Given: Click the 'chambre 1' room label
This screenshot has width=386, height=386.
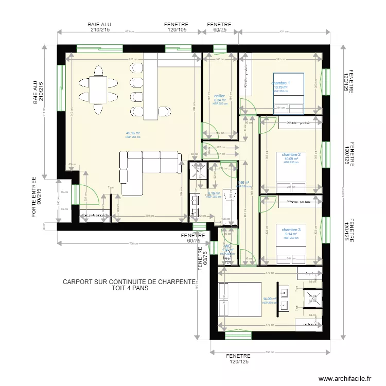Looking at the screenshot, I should pyautogui.click(x=281, y=83).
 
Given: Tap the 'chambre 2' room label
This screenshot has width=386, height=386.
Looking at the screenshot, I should pyautogui.click(x=291, y=154).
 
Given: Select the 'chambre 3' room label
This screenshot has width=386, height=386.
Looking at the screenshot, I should pyautogui.click(x=291, y=230).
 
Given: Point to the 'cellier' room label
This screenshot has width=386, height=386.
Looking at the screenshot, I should pyautogui.click(x=220, y=96).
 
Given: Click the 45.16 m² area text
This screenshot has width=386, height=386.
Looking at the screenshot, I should pyautogui.click(x=133, y=133).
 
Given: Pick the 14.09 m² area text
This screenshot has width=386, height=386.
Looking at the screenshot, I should pyautogui.click(x=270, y=299).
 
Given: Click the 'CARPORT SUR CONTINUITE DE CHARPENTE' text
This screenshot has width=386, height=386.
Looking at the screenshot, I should pyautogui.click(x=129, y=282).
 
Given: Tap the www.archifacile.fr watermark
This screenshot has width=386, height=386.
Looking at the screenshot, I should pyautogui.click(x=344, y=378).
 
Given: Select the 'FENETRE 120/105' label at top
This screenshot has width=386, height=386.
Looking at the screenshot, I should pyautogui.click(x=177, y=27).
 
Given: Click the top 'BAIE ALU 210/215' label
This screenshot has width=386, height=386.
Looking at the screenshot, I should pyautogui.click(x=99, y=27).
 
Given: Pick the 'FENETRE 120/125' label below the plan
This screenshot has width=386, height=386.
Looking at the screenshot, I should pyautogui.click(x=238, y=359).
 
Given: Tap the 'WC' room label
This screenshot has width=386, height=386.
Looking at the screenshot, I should pyautogui.click(x=226, y=247).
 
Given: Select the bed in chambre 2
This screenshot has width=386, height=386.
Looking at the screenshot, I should pyautogui.click(x=291, y=172).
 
